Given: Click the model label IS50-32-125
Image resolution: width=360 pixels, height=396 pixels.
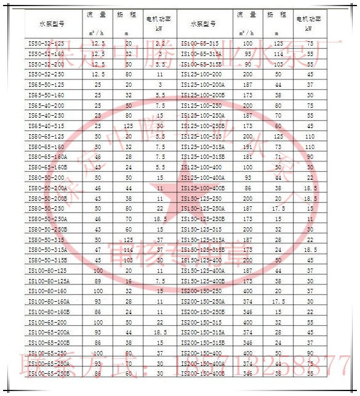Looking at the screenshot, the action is (x=46, y=43).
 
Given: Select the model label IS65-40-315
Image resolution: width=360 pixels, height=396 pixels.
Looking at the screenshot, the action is (x=46, y=126).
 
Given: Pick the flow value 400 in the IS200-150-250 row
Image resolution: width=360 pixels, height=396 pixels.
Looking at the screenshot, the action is (x=248, y=291).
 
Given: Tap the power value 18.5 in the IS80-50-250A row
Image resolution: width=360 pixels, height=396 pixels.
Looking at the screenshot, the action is (x=160, y=219).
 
